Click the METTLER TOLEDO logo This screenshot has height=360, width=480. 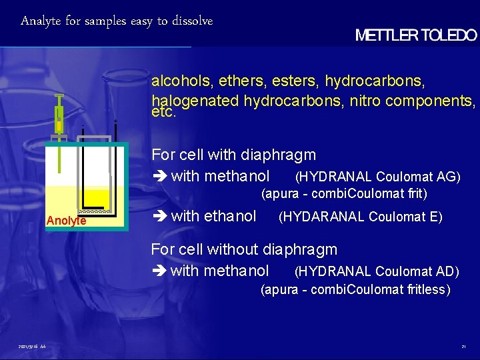(416, 35)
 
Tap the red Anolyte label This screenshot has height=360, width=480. (66, 221)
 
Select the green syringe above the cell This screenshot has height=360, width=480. (59, 120)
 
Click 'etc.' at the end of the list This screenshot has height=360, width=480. (164, 113)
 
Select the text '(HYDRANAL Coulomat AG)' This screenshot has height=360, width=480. (377, 177)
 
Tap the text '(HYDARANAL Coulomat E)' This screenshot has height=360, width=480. (360, 217)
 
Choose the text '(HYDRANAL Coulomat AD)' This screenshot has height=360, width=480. (377, 271)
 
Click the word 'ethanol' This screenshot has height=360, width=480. (230, 216)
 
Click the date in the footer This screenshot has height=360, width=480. (32, 347)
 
